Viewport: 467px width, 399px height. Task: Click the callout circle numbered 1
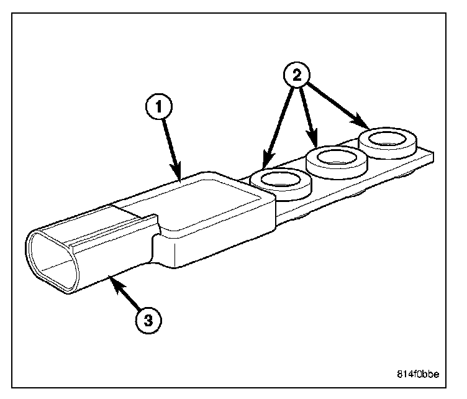pos(158,108)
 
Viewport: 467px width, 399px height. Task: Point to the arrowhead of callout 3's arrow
pos(112,280)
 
